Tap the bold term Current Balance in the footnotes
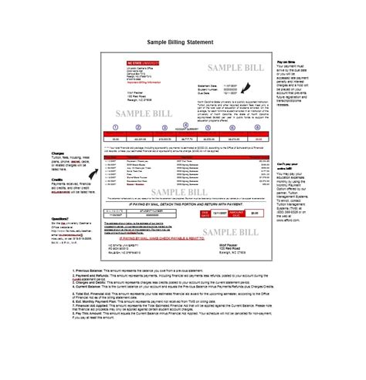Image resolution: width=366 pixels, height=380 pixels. tap(92, 288)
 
